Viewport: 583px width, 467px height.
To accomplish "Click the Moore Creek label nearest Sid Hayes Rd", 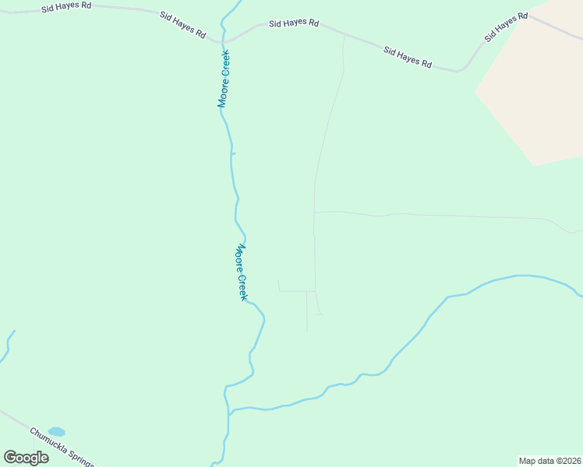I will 223,79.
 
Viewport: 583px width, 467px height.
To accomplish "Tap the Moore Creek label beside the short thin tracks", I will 242,272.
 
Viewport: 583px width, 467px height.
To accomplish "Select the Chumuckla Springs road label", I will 62,447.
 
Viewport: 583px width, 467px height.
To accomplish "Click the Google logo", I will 26,457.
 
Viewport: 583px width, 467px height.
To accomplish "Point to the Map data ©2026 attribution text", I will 549,460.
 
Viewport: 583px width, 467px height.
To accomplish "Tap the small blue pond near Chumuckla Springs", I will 56,431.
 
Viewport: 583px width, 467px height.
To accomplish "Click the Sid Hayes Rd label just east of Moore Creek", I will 293,23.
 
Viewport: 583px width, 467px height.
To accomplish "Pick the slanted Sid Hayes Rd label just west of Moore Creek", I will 182,26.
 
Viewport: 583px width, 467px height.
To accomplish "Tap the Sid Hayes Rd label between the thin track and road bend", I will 407,57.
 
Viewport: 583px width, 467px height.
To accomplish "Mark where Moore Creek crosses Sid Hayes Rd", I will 225,41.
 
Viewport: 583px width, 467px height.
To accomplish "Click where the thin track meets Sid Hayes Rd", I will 344,34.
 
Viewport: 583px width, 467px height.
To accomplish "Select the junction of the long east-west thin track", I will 314,212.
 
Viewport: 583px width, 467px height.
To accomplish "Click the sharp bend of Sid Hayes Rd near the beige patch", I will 461,71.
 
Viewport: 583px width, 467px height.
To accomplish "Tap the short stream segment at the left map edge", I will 6,347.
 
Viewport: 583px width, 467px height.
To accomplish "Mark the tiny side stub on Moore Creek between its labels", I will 233,153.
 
